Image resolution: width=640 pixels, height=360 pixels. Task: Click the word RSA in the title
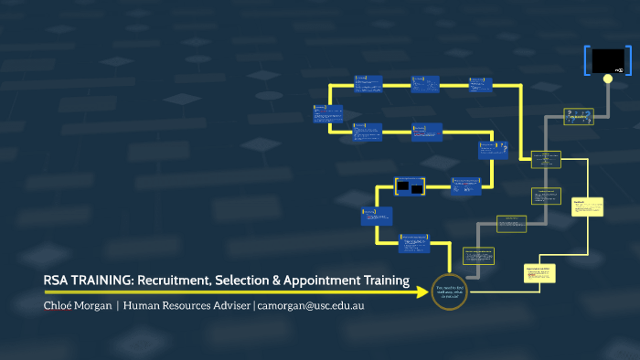(56, 281)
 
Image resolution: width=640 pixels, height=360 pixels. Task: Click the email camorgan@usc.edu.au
(311, 305)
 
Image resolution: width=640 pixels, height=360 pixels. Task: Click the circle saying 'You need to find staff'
(448, 291)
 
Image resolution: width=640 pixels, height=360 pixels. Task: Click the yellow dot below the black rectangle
(607, 78)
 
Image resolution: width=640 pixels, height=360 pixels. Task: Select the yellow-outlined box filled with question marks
(579, 116)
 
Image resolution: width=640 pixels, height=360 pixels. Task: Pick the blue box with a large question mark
(493, 148)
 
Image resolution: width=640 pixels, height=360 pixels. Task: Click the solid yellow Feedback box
(586, 206)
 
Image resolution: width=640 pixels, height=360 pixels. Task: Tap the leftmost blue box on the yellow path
(327, 113)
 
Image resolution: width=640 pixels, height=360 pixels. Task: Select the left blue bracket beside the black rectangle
(586, 60)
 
